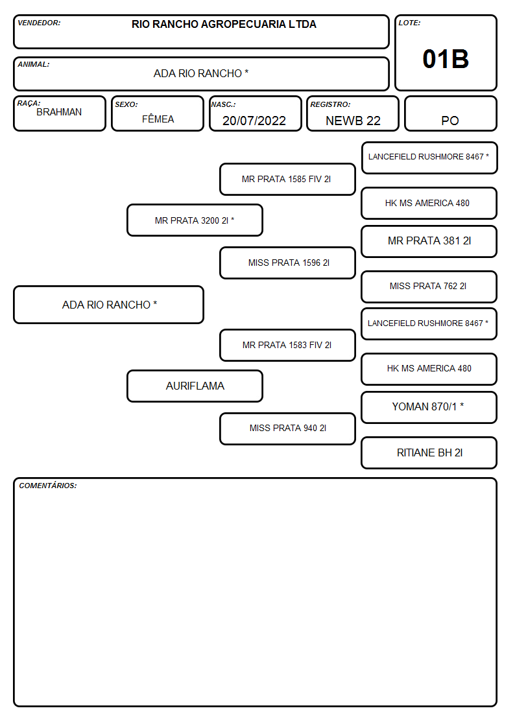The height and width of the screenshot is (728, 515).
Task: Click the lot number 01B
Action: click(x=446, y=59)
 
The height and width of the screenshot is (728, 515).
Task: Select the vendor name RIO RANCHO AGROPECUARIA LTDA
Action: click(x=224, y=24)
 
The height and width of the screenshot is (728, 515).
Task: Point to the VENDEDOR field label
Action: click(x=39, y=23)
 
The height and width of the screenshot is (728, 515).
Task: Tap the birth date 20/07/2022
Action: click(x=254, y=121)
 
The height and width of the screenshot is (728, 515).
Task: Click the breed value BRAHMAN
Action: click(x=59, y=112)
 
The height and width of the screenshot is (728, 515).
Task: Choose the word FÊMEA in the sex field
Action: click(x=158, y=119)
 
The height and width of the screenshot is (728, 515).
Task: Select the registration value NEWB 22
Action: click(x=353, y=121)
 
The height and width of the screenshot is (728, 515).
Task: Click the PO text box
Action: click(x=450, y=113)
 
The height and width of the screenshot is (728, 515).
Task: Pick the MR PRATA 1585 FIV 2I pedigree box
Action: click(x=287, y=179)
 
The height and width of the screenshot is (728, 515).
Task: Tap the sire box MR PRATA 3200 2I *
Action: click(x=195, y=220)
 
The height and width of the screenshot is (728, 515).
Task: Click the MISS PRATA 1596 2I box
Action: click(x=287, y=263)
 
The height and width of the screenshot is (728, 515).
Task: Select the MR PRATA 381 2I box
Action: click(x=429, y=241)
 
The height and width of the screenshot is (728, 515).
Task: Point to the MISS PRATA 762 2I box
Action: click(x=429, y=287)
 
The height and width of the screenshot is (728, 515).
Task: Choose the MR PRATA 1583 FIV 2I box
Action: click(x=287, y=345)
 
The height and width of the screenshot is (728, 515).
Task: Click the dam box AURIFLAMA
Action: click(x=195, y=386)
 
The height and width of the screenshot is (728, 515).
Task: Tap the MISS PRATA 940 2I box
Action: click(x=287, y=429)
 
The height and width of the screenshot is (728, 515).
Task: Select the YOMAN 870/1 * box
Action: click(x=429, y=407)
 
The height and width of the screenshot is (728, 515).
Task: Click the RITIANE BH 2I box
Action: click(x=429, y=452)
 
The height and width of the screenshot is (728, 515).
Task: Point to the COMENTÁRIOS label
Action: click(x=48, y=486)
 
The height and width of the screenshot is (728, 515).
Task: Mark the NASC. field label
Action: click(x=223, y=104)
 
